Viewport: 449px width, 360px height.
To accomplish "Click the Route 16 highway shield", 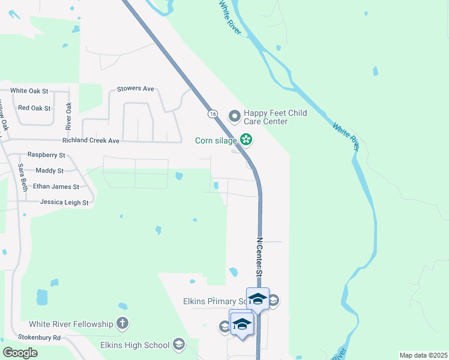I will (212, 113).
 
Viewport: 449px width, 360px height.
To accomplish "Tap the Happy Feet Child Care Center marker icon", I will (234, 114).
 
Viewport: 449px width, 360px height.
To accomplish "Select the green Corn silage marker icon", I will (246, 140).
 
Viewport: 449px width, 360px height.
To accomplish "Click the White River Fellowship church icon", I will (122, 324).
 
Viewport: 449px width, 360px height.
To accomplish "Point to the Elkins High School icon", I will (178, 344).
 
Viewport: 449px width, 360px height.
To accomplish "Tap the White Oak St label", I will (29, 91).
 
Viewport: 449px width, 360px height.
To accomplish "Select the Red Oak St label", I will (35, 108).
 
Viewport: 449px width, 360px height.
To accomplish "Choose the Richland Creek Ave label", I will (91, 140).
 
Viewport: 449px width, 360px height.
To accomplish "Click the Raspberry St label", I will (46, 155).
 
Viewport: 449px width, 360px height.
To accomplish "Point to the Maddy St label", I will (49, 171).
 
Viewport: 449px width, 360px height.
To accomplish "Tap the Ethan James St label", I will (56, 187).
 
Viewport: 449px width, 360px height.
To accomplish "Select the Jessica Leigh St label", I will (64, 203).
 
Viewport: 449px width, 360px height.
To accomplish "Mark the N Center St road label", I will (260, 256).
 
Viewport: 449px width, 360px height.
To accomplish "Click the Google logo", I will (20, 352).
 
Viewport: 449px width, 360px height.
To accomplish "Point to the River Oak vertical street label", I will (69, 116).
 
